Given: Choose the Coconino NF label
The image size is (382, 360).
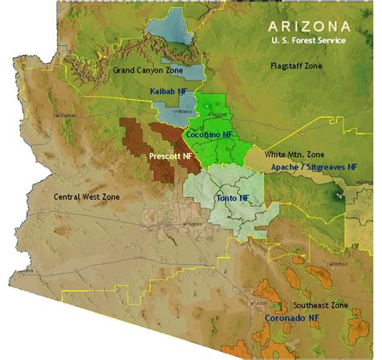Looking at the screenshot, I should coord(210,135).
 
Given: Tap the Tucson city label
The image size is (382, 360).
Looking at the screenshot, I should coord(258,304).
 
